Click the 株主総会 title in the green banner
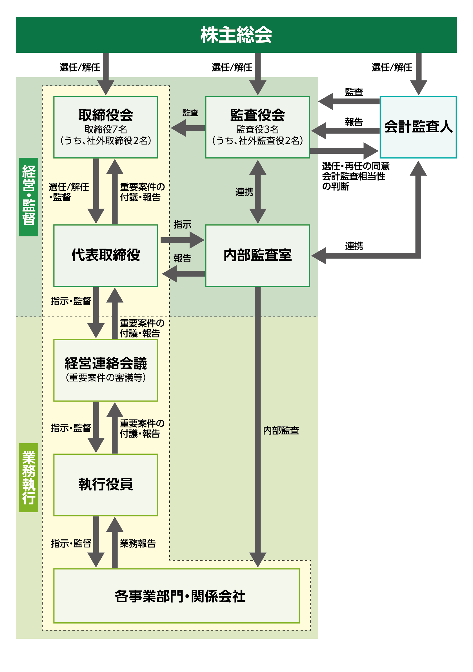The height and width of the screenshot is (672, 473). [236, 35]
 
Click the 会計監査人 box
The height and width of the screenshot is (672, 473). [418, 127]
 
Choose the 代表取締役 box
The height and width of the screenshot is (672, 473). [106, 255]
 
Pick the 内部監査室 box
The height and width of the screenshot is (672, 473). [257, 255]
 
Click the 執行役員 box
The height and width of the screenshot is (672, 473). [106, 484]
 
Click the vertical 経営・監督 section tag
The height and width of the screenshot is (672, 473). [29, 196]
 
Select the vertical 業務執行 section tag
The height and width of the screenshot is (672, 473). [29, 477]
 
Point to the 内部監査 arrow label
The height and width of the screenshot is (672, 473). [281, 431]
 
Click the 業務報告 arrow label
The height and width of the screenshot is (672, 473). [137, 544]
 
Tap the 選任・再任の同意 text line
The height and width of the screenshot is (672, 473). [356, 166]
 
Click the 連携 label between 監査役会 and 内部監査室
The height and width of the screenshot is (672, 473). [244, 192]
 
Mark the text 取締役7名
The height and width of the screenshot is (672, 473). [106, 129]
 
